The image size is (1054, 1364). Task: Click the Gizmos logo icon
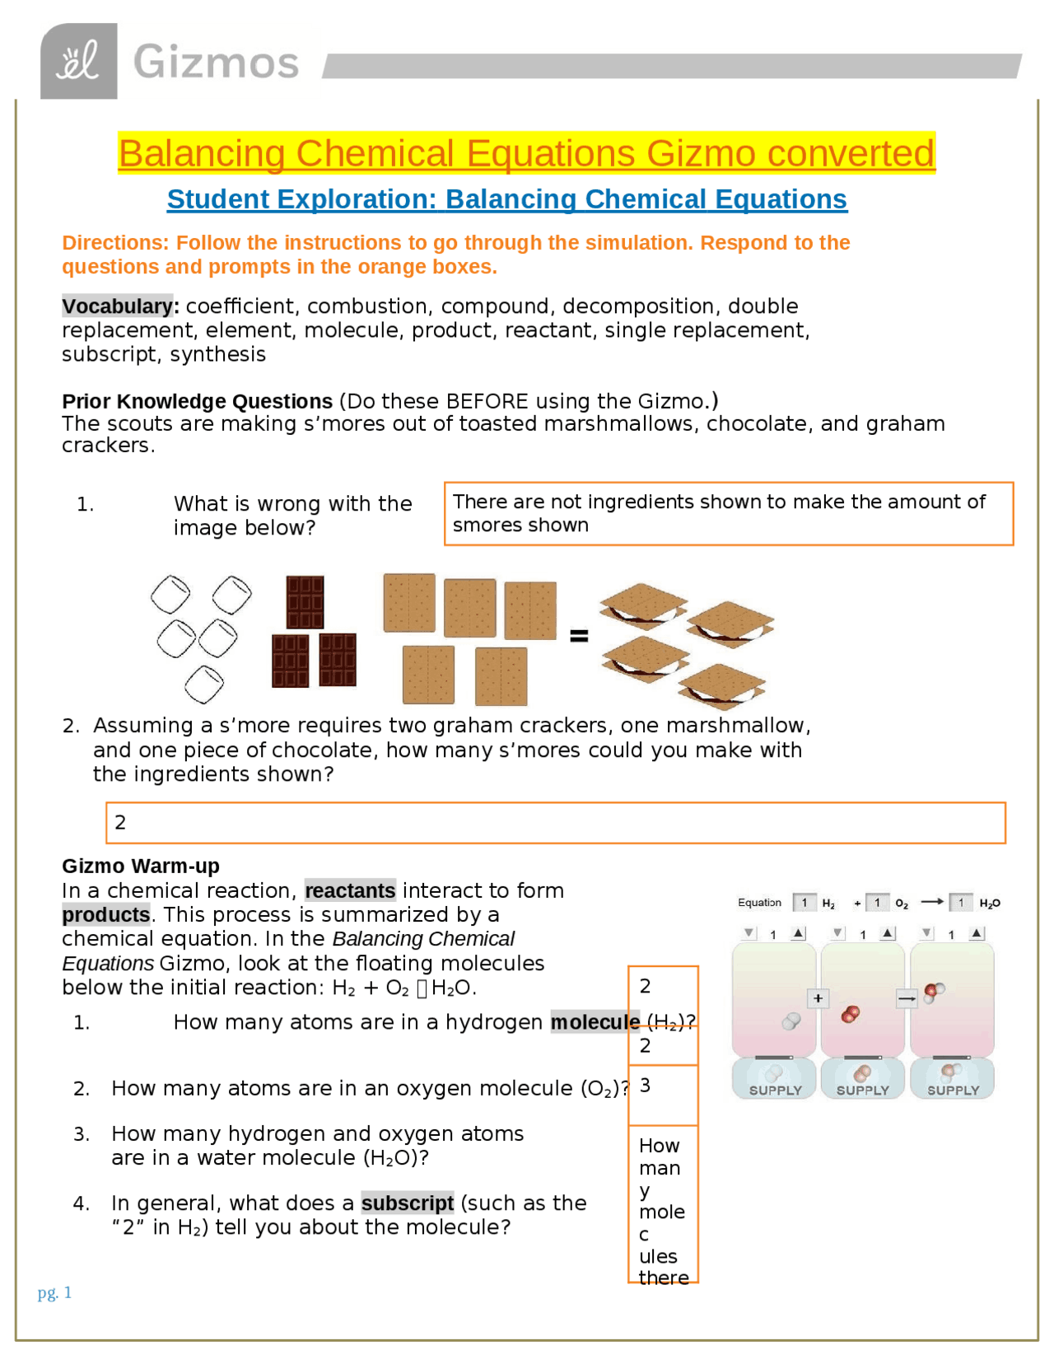click(x=78, y=61)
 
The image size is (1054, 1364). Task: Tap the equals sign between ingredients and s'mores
click(x=579, y=635)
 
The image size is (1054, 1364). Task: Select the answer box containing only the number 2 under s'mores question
click(x=555, y=822)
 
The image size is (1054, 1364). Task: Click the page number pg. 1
click(x=54, y=1292)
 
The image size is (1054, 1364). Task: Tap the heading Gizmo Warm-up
click(x=141, y=866)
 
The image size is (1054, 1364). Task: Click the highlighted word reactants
click(x=350, y=890)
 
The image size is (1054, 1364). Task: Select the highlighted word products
click(x=106, y=914)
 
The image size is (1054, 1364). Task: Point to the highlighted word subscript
click(x=408, y=1203)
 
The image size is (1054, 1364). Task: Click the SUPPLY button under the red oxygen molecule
click(x=862, y=1079)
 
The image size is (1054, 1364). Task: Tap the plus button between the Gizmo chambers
click(x=818, y=998)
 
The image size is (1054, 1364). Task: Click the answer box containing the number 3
click(x=663, y=1095)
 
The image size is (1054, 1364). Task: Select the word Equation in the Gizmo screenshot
click(x=759, y=903)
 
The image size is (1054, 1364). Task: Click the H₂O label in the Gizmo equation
click(x=989, y=904)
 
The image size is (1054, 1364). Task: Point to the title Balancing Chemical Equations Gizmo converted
click(x=526, y=153)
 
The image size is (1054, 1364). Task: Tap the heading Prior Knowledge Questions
click(x=197, y=401)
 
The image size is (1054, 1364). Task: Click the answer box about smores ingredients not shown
click(x=728, y=513)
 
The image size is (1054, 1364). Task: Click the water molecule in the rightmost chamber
click(x=934, y=991)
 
